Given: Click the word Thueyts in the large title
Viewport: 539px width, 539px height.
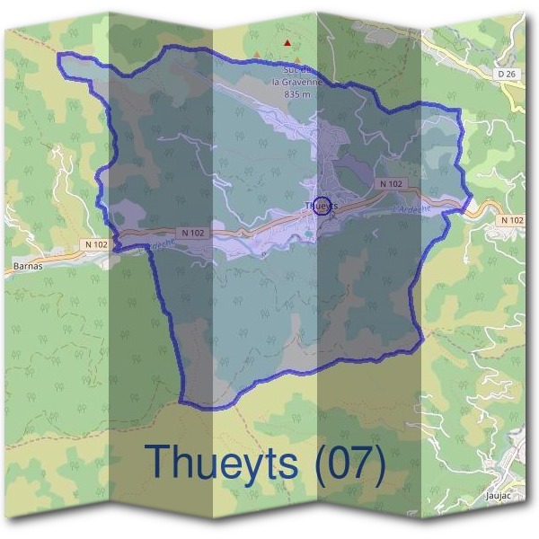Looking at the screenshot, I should (x=222, y=462).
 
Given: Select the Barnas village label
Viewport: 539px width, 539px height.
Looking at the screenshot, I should (x=29, y=267).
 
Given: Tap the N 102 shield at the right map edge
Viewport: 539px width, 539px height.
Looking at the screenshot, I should (x=512, y=220).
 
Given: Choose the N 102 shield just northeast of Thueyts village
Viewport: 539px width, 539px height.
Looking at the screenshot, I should (x=391, y=183).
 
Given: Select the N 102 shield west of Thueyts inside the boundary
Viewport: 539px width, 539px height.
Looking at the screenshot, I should (x=192, y=232).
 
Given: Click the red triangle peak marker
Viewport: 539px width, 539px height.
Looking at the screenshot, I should (x=287, y=42).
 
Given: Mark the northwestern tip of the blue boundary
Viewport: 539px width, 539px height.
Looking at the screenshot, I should (x=59, y=57).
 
